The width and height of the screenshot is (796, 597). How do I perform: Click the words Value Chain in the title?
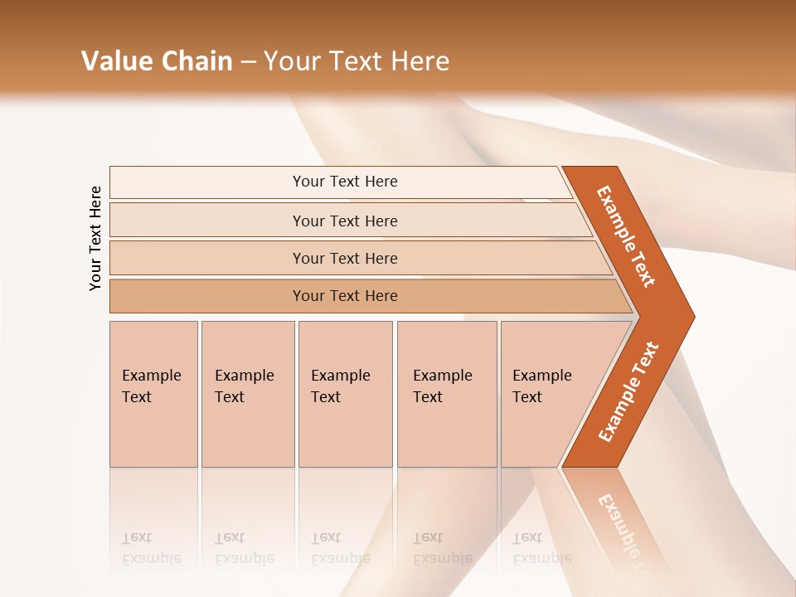coord(157,61)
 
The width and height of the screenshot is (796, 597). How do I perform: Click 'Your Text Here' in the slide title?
coord(357,61)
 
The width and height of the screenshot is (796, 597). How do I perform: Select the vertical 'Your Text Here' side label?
coord(96,238)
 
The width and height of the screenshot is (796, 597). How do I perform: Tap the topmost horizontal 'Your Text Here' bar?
coord(345,182)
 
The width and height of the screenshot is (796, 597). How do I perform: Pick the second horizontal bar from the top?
coord(345,221)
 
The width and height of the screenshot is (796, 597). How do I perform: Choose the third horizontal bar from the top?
coord(345,258)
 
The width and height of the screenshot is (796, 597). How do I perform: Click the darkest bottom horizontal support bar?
coord(345,296)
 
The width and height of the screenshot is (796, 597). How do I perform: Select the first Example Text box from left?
coord(153,394)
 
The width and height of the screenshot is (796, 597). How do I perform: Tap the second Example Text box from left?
coord(247,394)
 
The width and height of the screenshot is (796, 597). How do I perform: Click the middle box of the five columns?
coord(345,394)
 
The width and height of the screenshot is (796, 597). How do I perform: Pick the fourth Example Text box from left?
coord(446,394)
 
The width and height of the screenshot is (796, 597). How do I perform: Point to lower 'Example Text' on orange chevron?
coord(628,392)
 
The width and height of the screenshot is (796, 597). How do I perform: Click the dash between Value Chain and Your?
coord(248,62)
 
